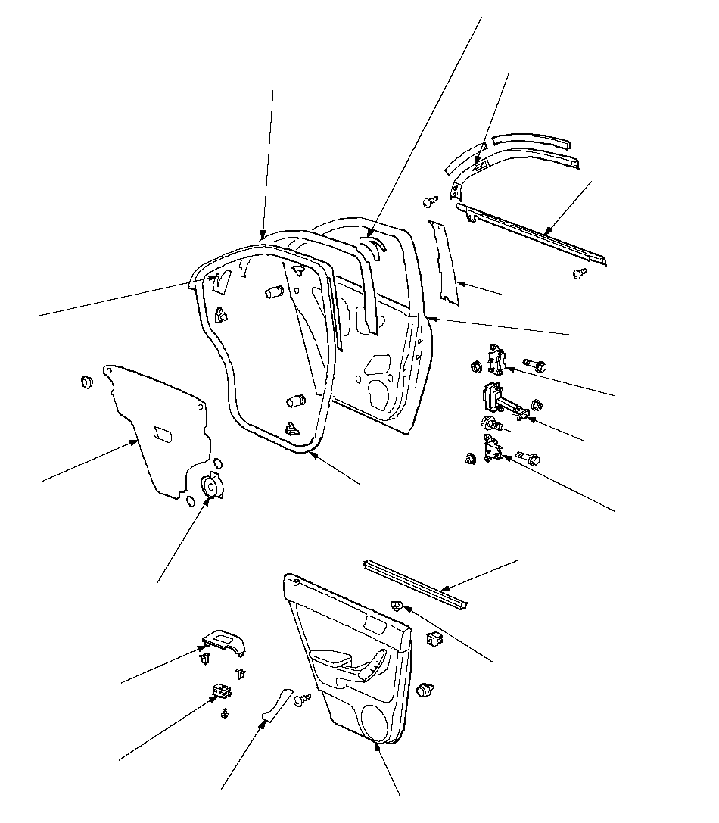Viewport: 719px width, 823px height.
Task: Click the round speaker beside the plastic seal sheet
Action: click(x=210, y=486)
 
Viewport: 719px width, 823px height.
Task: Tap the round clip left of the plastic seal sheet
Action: click(x=86, y=381)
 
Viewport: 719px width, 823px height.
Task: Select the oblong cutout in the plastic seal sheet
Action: click(x=163, y=433)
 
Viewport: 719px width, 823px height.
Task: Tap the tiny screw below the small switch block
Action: click(x=225, y=714)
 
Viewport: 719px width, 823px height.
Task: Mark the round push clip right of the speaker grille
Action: click(x=425, y=690)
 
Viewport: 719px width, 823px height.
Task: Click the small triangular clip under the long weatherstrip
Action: click(x=396, y=605)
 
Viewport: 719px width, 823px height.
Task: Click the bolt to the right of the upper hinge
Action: click(x=534, y=365)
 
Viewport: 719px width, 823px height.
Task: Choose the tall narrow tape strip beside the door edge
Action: click(x=444, y=265)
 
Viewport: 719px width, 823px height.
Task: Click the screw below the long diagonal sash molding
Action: click(x=581, y=273)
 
